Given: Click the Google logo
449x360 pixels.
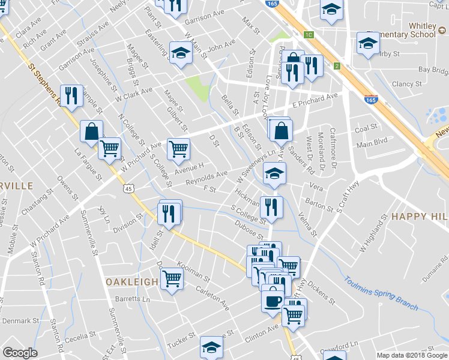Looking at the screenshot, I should point(20,353).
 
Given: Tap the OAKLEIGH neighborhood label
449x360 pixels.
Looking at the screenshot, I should point(132,281).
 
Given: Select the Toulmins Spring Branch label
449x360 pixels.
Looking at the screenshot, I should point(381,293).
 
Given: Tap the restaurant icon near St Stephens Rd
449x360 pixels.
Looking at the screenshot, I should point(71,95).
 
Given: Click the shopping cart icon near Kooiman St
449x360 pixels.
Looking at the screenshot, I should point(172,278).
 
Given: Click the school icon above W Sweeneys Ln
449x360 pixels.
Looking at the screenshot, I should point(275,174).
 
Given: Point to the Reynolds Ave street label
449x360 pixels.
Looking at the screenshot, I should point(206,177).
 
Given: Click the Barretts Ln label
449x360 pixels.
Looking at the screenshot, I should point(134,298).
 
